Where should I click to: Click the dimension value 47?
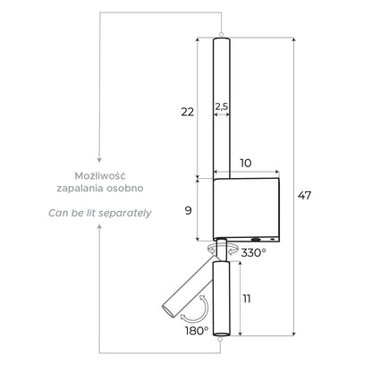coord(304,196)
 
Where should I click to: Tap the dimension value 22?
coord(188,112)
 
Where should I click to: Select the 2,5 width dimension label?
coord(222,106)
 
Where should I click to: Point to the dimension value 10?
coord(246,163)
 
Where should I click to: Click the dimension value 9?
coord(188,211)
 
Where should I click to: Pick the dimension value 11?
coord(246,299)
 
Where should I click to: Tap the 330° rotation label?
coord(253,253)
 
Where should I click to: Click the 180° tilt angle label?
coord(197,331)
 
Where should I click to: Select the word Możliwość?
coord(100,175)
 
